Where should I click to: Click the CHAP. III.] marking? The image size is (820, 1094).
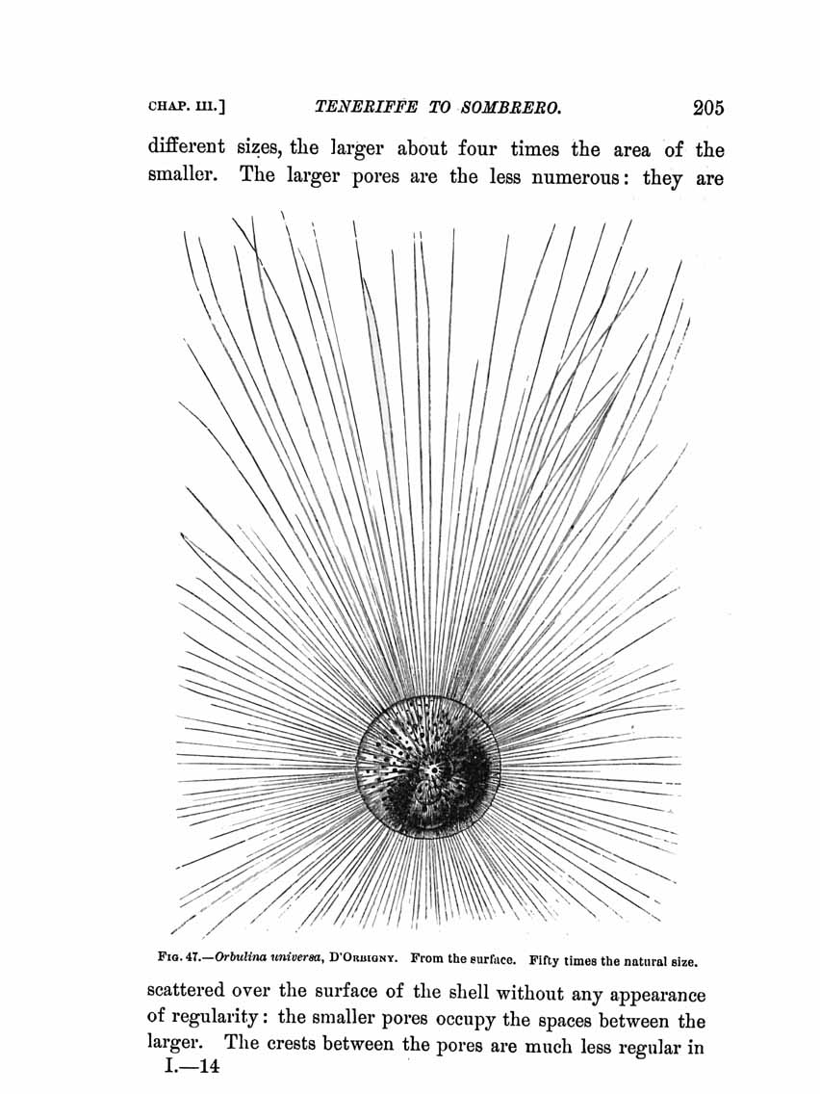pyautogui.click(x=187, y=107)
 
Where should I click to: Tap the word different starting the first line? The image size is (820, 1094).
pyautogui.click(x=186, y=148)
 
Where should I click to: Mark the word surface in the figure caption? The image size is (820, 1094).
pyautogui.click(x=486, y=959)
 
